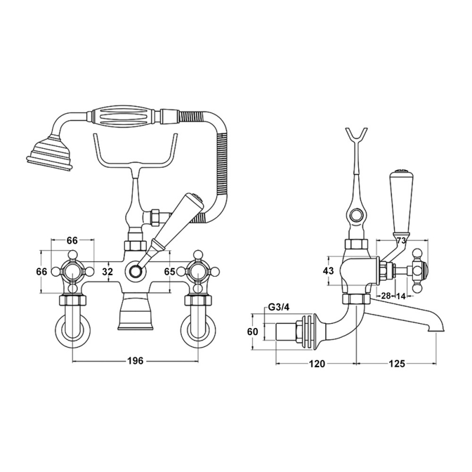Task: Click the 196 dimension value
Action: [136, 362]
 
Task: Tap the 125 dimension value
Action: [397, 364]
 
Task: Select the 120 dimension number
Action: [317, 364]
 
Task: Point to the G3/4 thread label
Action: [278, 307]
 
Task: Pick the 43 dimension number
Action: [329, 271]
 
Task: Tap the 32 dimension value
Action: [107, 272]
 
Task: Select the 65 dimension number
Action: [169, 272]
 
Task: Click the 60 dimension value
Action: [253, 332]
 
